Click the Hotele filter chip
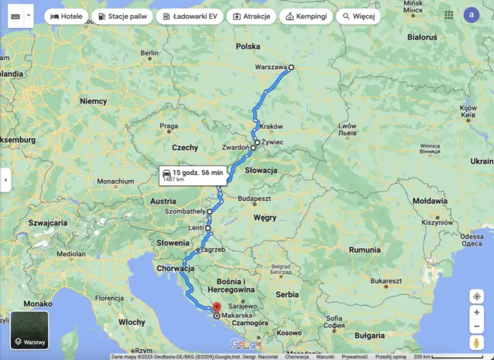click(x=66, y=16)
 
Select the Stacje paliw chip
click(x=122, y=16)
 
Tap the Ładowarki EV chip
click(x=189, y=16)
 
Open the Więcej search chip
click(x=358, y=16)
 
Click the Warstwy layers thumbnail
click(x=30, y=330)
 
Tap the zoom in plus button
click(x=476, y=312)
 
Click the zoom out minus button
click(x=476, y=327)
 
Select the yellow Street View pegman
click(x=476, y=343)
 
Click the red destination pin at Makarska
click(x=217, y=308)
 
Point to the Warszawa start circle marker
click(x=291, y=67)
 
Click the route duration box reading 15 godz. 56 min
click(x=192, y=175)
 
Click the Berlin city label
click(x=149, y=53)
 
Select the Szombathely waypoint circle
click(x=210, y=212)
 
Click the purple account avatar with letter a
click(x=472, y=15)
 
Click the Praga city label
click(x=169, y=126)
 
